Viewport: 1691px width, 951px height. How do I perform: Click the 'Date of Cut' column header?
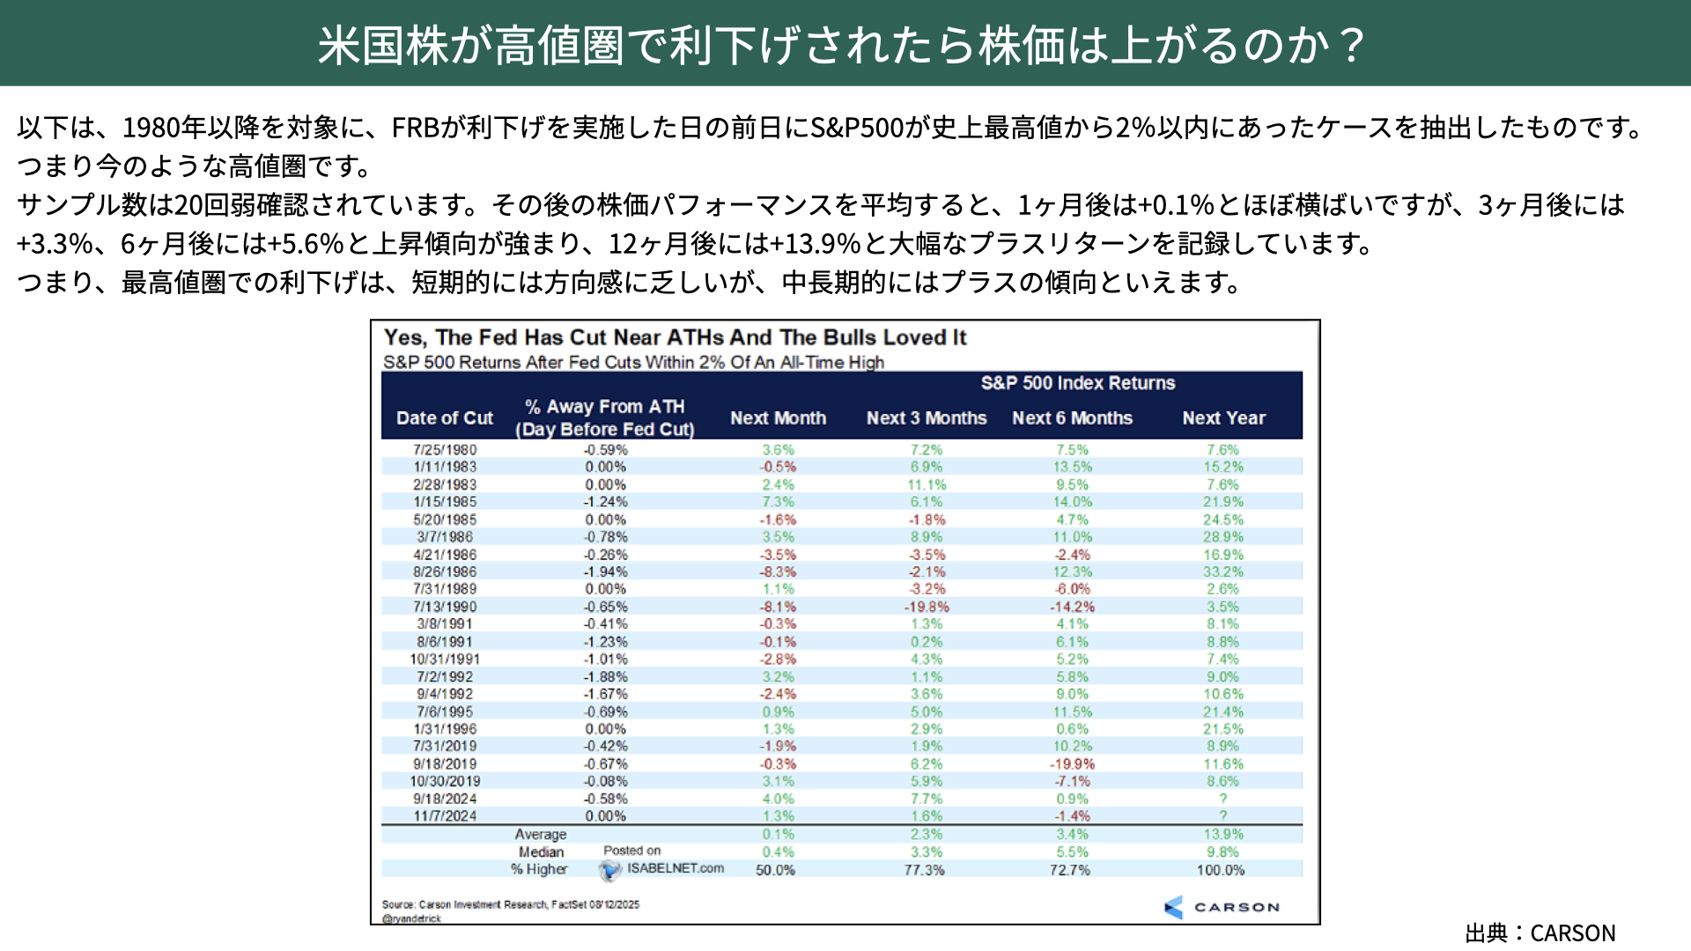coord(445,418)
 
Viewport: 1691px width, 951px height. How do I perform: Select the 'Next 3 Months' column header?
coord(927,418)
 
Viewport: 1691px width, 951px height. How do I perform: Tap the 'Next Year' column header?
coord(1223,418)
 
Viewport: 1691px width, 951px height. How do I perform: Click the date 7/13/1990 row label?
coord(445,607)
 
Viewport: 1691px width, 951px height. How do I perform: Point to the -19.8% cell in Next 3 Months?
coord(927,607)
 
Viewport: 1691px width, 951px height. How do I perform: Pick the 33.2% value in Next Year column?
coord(1223,571)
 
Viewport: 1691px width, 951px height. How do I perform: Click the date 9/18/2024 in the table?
coord(445,799)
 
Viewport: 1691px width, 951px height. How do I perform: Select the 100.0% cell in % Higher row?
coord(1221,870)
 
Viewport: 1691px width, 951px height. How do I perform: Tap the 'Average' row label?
coord(541,834)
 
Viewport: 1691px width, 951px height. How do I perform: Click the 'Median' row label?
coord(541,851)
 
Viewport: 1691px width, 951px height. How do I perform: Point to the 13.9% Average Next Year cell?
coord(1223,834)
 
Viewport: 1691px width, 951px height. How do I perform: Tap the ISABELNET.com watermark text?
coord(675,868)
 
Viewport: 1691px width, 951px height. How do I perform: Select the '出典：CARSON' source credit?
coord(1540,933)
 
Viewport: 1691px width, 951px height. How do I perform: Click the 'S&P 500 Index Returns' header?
coord(1078,383)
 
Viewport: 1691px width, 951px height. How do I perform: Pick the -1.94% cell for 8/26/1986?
coord(606,571)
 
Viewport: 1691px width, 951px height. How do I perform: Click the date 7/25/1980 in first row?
coord(445,449)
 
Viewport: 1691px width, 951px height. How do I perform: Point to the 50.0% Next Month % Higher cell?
coord(775,870)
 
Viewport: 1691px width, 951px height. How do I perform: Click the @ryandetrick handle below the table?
coord(412,918)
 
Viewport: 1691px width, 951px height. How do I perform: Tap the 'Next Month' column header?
coord(778,418)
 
